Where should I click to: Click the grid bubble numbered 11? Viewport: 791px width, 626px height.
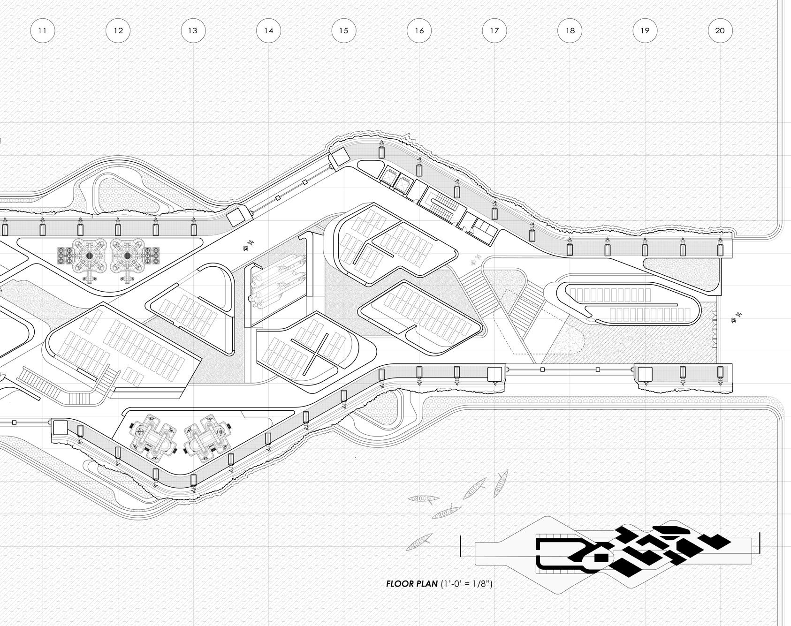(42, 31)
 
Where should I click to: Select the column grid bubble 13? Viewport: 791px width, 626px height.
(193, 31)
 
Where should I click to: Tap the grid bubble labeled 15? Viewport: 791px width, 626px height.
(343, 31)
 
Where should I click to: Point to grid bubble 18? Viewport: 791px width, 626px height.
(570, 31)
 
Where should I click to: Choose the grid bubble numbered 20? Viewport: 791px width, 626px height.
(720, 31)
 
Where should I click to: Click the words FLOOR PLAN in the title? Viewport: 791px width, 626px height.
(411, 584)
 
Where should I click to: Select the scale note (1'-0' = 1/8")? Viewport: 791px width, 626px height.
(466, 584)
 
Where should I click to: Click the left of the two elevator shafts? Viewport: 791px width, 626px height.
(389, 176)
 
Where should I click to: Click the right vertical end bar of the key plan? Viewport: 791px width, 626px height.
(760, 543)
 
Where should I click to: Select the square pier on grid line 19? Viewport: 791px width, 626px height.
(645, 374)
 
